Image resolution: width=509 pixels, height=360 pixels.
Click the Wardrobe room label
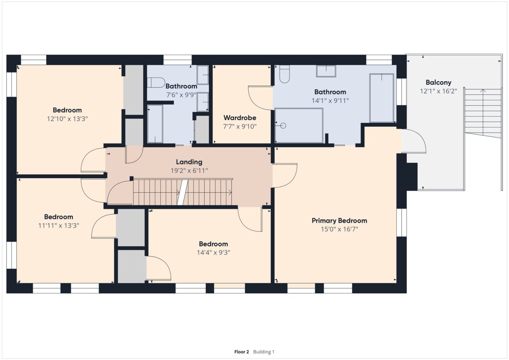240,118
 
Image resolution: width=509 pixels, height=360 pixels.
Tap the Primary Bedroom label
339,221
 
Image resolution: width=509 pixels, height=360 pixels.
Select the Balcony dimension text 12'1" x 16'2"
438,91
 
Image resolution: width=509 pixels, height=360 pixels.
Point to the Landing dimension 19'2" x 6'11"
189,170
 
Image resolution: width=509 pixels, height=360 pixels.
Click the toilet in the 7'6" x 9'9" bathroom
156,83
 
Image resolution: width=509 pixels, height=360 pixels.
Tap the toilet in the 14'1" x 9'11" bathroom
284,74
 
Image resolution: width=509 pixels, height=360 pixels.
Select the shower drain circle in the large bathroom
283,126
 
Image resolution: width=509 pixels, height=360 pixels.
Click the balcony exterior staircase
483,113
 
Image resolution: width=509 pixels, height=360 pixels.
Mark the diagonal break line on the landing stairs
183,192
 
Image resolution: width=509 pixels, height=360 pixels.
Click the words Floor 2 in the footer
241,352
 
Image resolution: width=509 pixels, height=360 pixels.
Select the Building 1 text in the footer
264,352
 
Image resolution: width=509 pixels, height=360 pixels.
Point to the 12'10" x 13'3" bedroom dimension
67,119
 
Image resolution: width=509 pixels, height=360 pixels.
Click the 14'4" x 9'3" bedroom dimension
214,252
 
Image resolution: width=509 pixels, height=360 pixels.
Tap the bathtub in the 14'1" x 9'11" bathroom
382,98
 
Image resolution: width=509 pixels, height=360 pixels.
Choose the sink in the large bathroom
326,71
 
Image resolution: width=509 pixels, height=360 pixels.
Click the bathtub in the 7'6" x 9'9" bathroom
155,124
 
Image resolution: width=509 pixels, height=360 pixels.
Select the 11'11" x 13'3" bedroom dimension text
58,225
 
